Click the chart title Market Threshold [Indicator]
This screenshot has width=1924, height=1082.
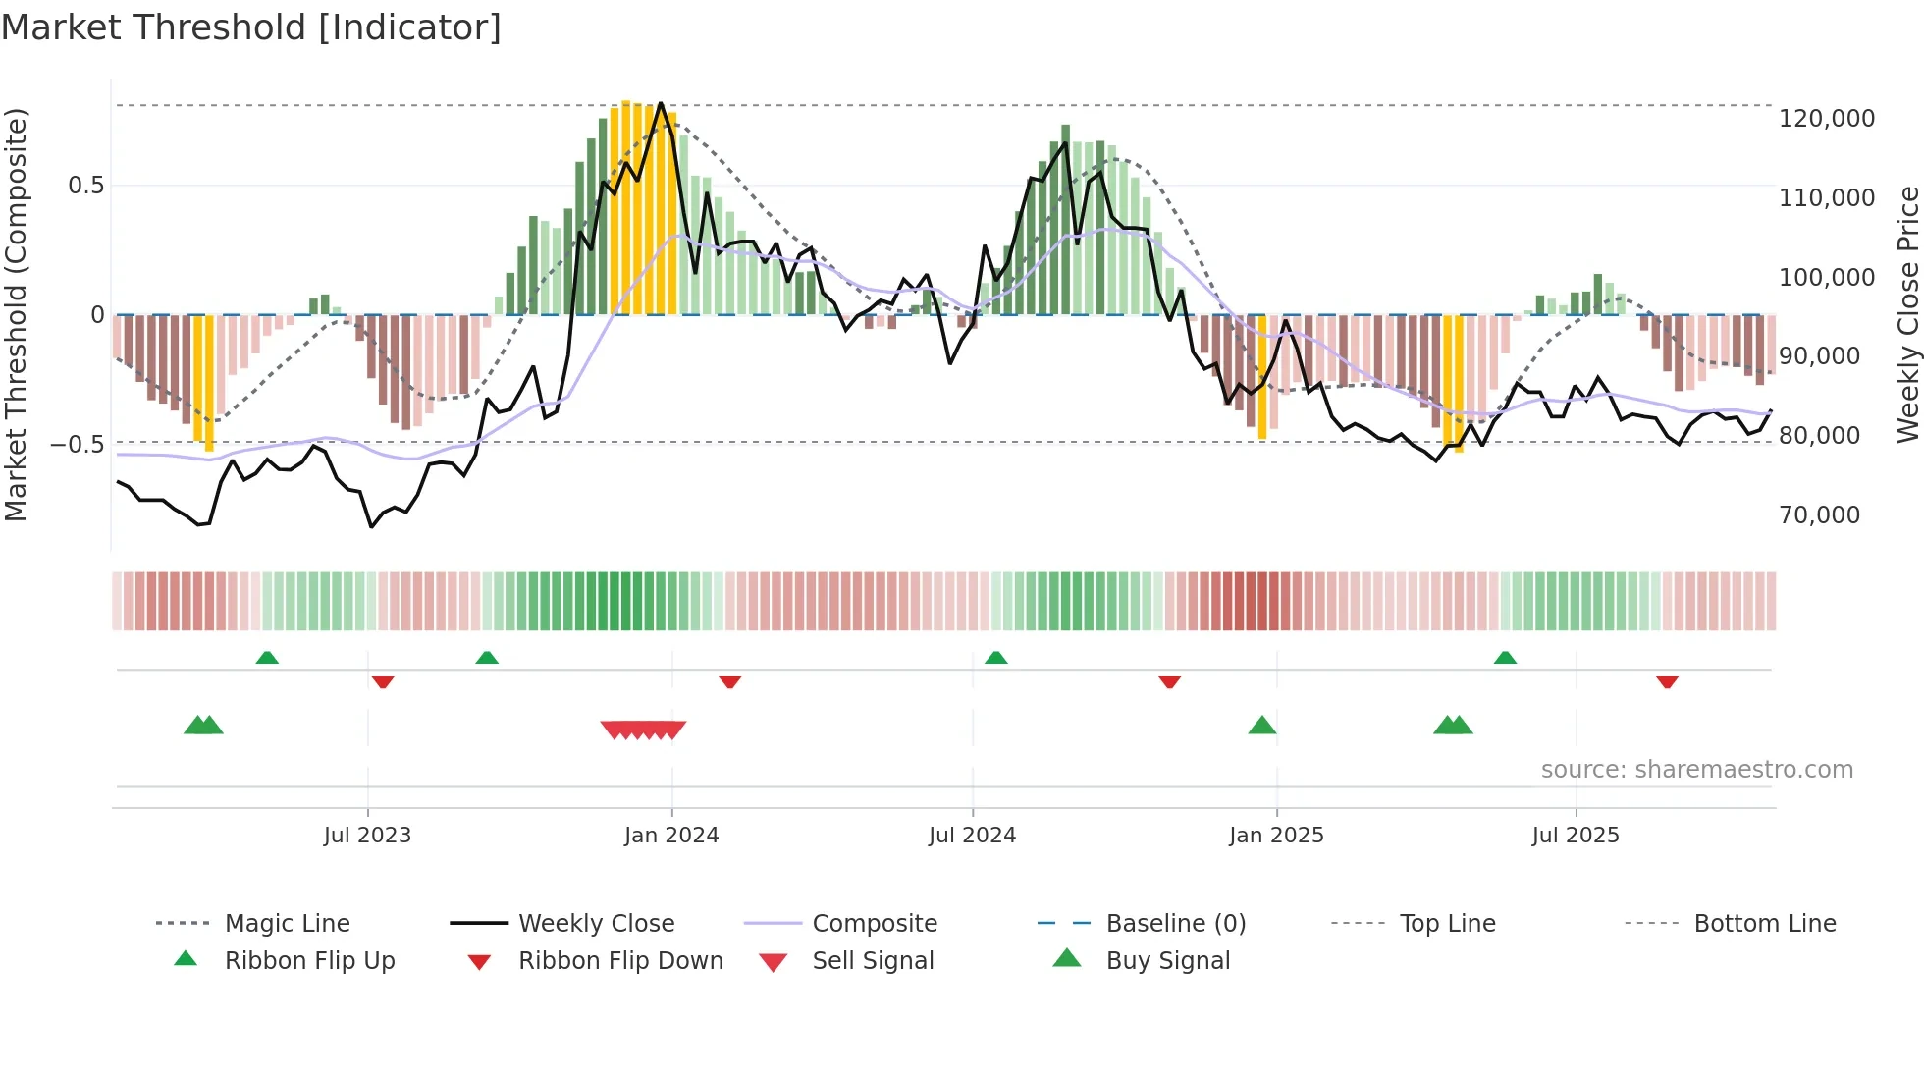click(x=251, y=27)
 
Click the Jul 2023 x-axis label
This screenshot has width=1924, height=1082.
click(x=367, y=836)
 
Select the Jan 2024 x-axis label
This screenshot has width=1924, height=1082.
click(x=671, y=836)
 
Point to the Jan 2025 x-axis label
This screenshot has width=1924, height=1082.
click(x=1276, y=836)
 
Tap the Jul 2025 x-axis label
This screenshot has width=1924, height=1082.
click(x=1576, y=836)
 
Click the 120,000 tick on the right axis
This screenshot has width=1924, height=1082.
click(x=1826, y=119)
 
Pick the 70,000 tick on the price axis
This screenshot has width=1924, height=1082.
click(x=1819, y=515)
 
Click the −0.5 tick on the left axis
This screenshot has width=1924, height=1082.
click(x=77, y=445)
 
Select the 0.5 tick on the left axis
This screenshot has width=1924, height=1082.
click(x=85, y=186)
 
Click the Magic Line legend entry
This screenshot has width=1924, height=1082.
click(x=287, y=924)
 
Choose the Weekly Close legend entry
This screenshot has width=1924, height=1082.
click(x=596, y=924)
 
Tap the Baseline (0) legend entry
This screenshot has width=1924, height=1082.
click(x=1175, y=924)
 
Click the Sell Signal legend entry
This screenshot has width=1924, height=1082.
click(x=873, y=961)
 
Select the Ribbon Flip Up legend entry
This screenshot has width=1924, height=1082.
click(x=309, y=961)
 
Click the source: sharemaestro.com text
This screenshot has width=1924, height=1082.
click(x=1696, y=770)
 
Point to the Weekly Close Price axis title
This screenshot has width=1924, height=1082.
click(x=1907, y=314)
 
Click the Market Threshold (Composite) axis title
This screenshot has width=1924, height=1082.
click(x=16, y=314)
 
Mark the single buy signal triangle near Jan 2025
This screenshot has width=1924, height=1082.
click(x=1261, y=726)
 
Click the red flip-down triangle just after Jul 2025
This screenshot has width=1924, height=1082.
click(x=1667, y=681)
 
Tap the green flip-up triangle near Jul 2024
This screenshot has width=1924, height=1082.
click(x=995, y=657)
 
